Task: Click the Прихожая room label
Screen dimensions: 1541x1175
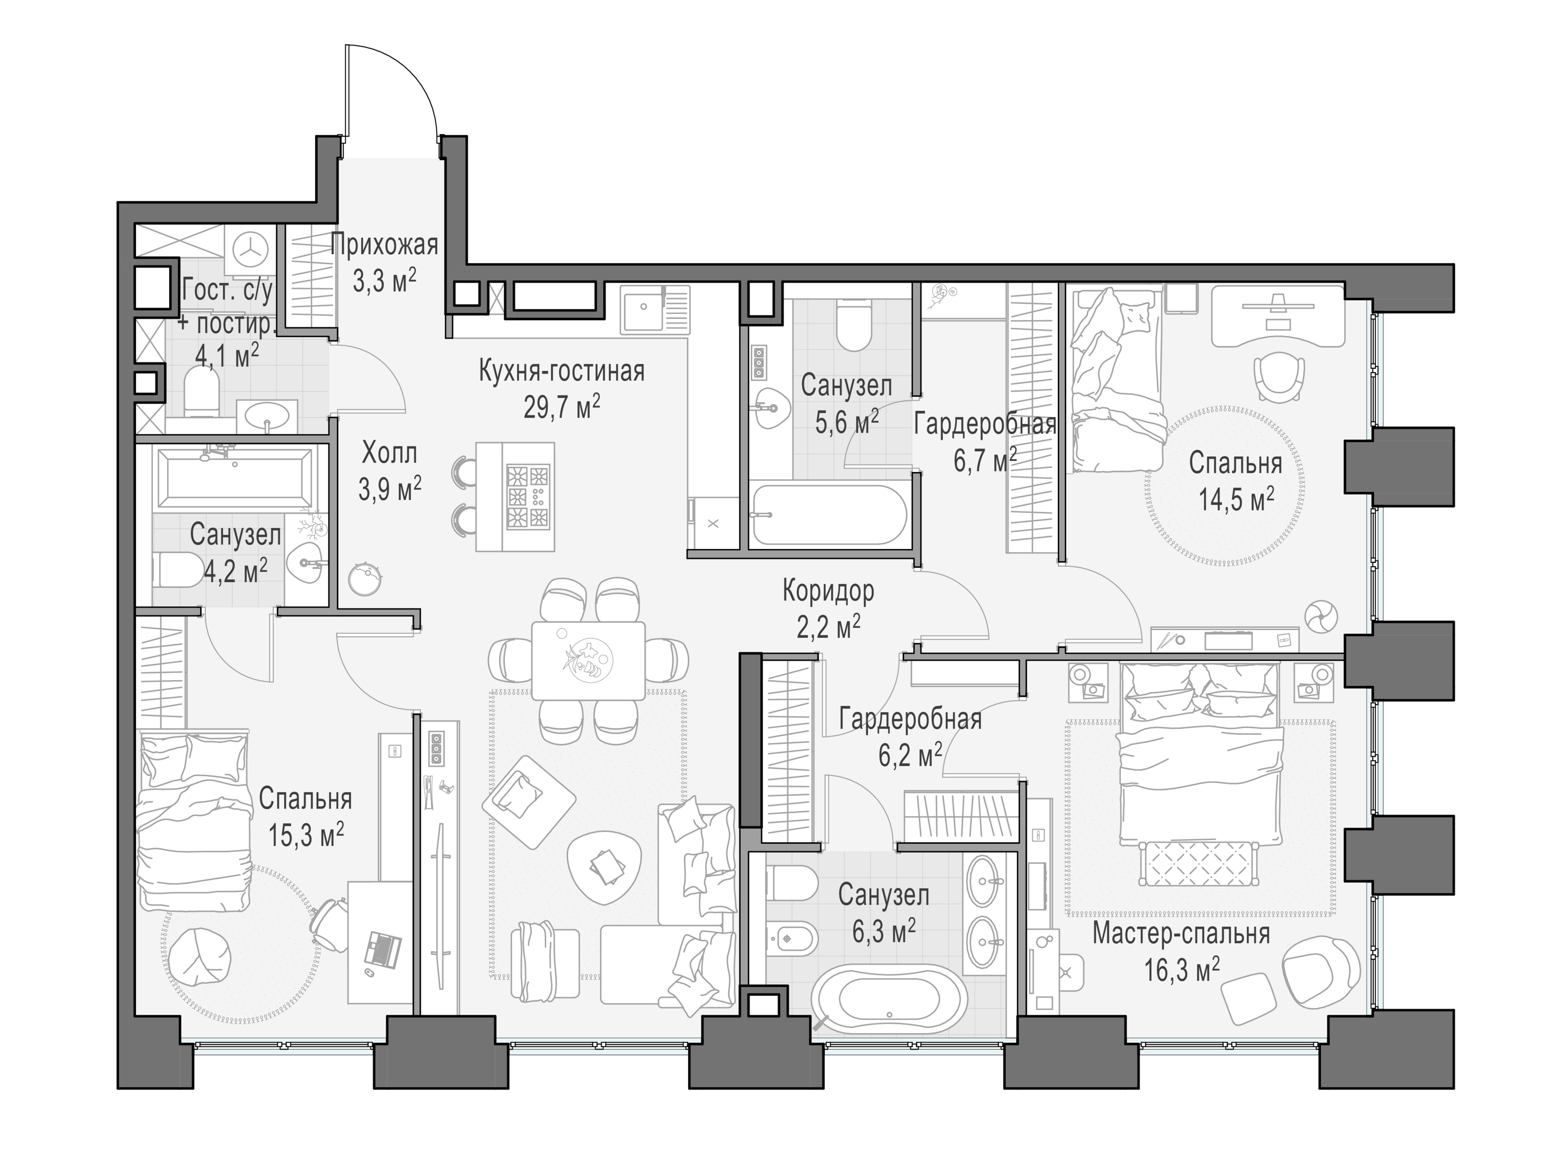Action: coord(384,245)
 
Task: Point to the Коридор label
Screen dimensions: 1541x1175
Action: coord(828,592)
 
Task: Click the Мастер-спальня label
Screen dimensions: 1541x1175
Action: coord(1181,934)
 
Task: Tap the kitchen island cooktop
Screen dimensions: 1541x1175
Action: coord(527,497)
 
